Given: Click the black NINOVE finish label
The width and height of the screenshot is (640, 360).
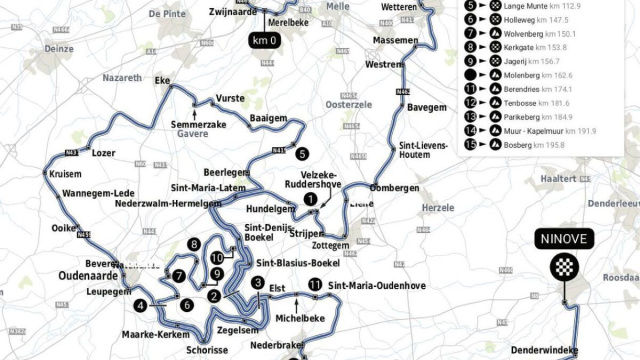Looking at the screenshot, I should (x=565, y=239).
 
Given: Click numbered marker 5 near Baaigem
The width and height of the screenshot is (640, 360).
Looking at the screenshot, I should (x=301, y=153).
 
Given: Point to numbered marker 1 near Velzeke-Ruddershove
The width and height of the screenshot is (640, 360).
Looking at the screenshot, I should (x=311, y=199).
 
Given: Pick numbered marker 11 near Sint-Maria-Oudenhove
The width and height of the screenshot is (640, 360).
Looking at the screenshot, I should (x=315, y=285).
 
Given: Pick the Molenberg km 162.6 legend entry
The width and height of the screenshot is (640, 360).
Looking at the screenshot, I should (x=539, y=74).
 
